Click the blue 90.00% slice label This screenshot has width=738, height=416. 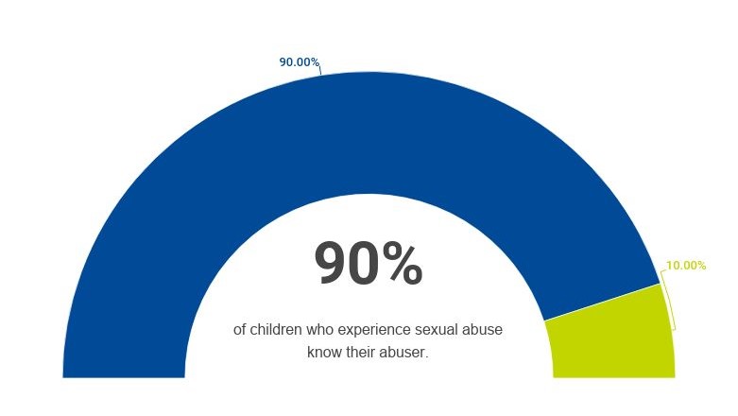299,62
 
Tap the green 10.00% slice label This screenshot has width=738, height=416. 686,266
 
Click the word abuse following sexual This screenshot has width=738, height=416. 482,330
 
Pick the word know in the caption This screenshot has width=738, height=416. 323,353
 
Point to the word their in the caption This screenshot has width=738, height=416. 362,353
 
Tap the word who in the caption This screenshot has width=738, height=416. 321,330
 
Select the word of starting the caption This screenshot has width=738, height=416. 240,330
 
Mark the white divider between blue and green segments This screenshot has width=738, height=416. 601,302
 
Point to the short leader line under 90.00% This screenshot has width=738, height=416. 319,70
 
